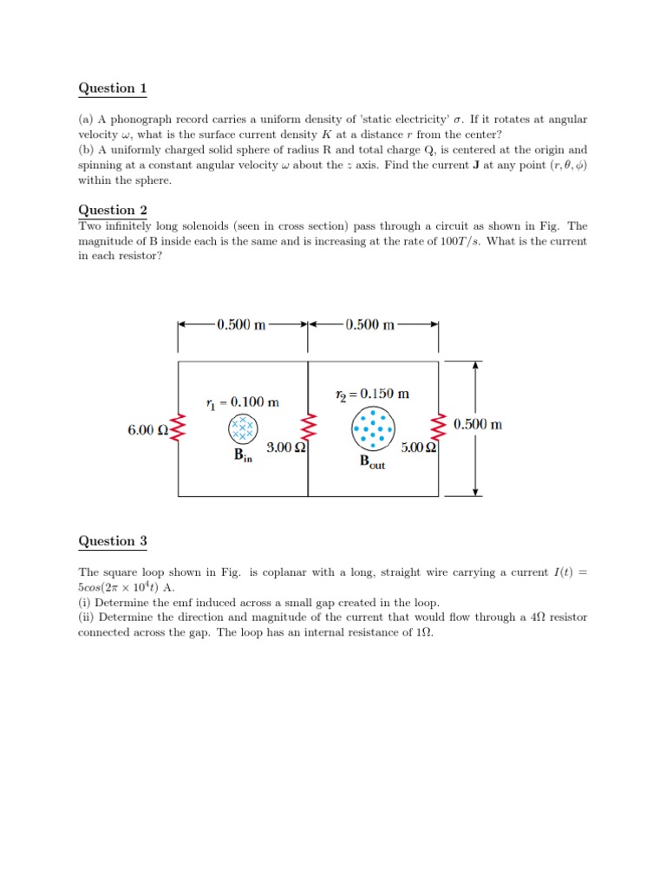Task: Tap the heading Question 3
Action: pyautogui.click(x=113, y=541)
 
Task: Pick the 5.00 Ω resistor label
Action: pyautogui.click(x=418, y=448)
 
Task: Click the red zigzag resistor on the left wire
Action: pyautogui.click(x=179, y=428)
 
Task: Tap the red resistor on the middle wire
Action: pyautogui.click(x=309, y=428)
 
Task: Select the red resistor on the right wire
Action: pyautogui.click(x=438, y=428)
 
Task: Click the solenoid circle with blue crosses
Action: pyautogui.click(x=243, y=428)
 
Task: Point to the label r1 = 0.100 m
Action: pyautogui.click(x=243, y=402)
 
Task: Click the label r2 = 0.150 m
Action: pyautogui.click(x=372, y=394)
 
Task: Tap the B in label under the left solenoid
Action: pyautogui.click(x=243, y=457)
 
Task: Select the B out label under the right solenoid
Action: pyautogui.click(x=372, y=462)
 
